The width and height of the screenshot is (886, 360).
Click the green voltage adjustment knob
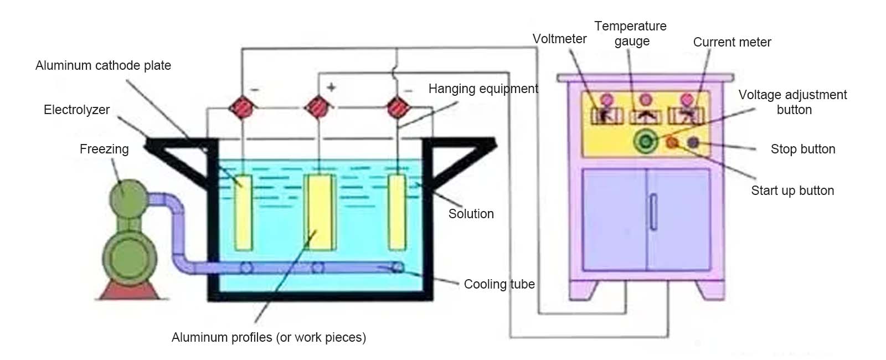(646, 141)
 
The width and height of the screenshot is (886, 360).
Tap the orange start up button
(672, 142)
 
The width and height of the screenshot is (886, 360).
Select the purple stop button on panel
(693, 142)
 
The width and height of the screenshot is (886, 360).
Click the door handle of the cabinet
(653, 212)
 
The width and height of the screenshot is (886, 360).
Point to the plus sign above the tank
(332, 88)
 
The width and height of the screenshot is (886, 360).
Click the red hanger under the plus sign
(318, 107)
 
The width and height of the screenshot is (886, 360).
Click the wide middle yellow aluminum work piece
(320, 213)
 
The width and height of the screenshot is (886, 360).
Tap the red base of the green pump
(129, 291)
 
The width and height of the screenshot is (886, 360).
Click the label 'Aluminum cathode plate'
(103, 65)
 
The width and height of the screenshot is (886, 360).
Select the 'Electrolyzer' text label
(76, 110)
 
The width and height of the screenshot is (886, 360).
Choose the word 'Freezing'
(104, 149)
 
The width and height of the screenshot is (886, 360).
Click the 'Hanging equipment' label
(483, 89)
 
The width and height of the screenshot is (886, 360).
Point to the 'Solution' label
(471, 214)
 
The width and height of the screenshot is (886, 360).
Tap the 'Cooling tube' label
(499, 284)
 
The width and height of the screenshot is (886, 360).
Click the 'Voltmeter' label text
(559, 39)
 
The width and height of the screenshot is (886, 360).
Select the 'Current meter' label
(732, 42)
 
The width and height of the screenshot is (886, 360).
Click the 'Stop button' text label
(803, 149)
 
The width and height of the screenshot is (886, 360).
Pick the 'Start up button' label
(792, 191)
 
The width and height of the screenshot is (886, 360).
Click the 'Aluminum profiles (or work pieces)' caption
(269, 337)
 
